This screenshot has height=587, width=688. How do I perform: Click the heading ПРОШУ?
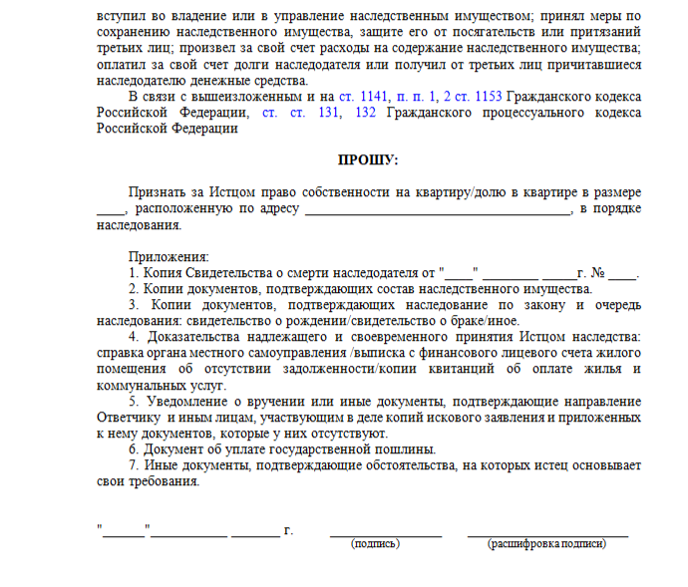[x=368, y=159]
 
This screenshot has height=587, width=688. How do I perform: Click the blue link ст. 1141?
[x=360, y=97]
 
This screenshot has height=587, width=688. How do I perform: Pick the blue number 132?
[x=364, y=113]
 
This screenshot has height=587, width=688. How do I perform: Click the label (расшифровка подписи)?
[x=546, y=544]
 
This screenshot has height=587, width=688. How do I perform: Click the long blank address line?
[x=437, y=210]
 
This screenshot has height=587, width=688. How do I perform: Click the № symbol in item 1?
[x=598, y=272]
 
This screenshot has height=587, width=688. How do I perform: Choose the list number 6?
[x=133, y=449]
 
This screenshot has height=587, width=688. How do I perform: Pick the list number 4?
[x=134, y=337]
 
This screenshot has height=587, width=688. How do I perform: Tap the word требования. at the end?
[x=159, y=481]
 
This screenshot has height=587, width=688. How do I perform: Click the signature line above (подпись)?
[x=385, y=533]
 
